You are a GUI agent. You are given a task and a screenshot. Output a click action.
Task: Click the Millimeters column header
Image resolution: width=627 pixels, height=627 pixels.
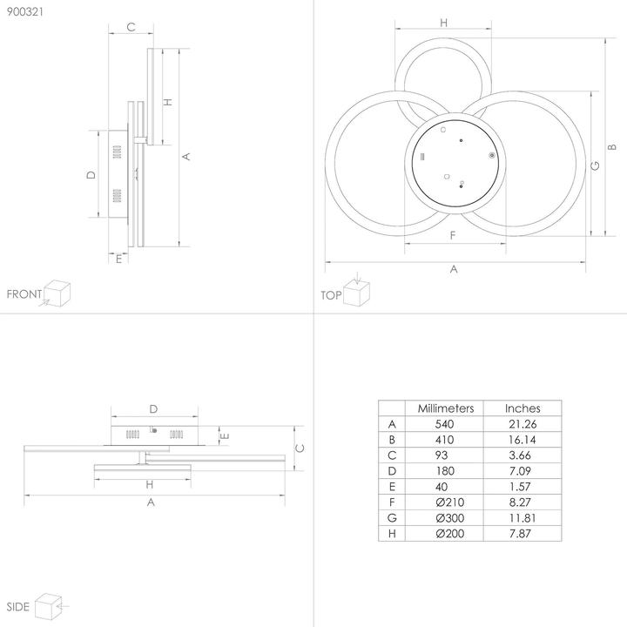click(x=445, y=408)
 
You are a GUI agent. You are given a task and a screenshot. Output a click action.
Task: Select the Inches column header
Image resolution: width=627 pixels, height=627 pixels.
click(x=522, y=408)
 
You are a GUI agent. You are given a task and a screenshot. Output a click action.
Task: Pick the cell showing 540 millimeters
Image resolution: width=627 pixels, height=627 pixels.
click(x=445, y=423)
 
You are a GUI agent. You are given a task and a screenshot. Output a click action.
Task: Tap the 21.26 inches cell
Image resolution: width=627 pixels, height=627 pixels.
click(x=522, y=423)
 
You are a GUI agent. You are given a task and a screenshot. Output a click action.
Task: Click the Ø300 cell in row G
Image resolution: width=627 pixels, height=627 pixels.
click(x=445, y=517)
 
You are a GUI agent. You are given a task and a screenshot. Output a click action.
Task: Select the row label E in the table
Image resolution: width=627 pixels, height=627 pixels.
click(x=392, y=486)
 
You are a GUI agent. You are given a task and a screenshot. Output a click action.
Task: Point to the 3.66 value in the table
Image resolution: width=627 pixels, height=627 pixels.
click(x=522, y=455)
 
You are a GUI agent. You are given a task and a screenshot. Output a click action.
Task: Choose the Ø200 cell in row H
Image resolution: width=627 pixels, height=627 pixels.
click(x=445, y=533)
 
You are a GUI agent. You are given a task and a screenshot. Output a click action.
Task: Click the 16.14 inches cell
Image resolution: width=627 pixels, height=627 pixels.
click(x=522, y=439)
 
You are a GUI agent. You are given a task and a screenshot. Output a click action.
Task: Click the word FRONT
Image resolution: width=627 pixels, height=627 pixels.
click(x=24, y=294)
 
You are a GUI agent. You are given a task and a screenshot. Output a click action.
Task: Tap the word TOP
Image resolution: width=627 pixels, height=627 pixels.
click(x=330, y=295)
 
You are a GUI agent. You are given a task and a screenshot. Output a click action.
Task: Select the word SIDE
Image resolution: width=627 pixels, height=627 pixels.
click(x=18, y=606)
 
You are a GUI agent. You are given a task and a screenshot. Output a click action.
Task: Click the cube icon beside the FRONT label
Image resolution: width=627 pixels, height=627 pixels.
click(x=57, y=292)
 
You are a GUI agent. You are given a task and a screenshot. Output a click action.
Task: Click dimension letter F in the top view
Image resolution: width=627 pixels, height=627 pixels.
click(x=453, y=236)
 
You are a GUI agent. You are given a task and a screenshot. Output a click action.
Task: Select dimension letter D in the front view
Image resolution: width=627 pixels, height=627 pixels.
click(x=91, y=175)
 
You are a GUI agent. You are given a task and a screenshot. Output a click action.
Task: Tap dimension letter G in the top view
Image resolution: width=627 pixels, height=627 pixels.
click(x=595, y=165)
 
